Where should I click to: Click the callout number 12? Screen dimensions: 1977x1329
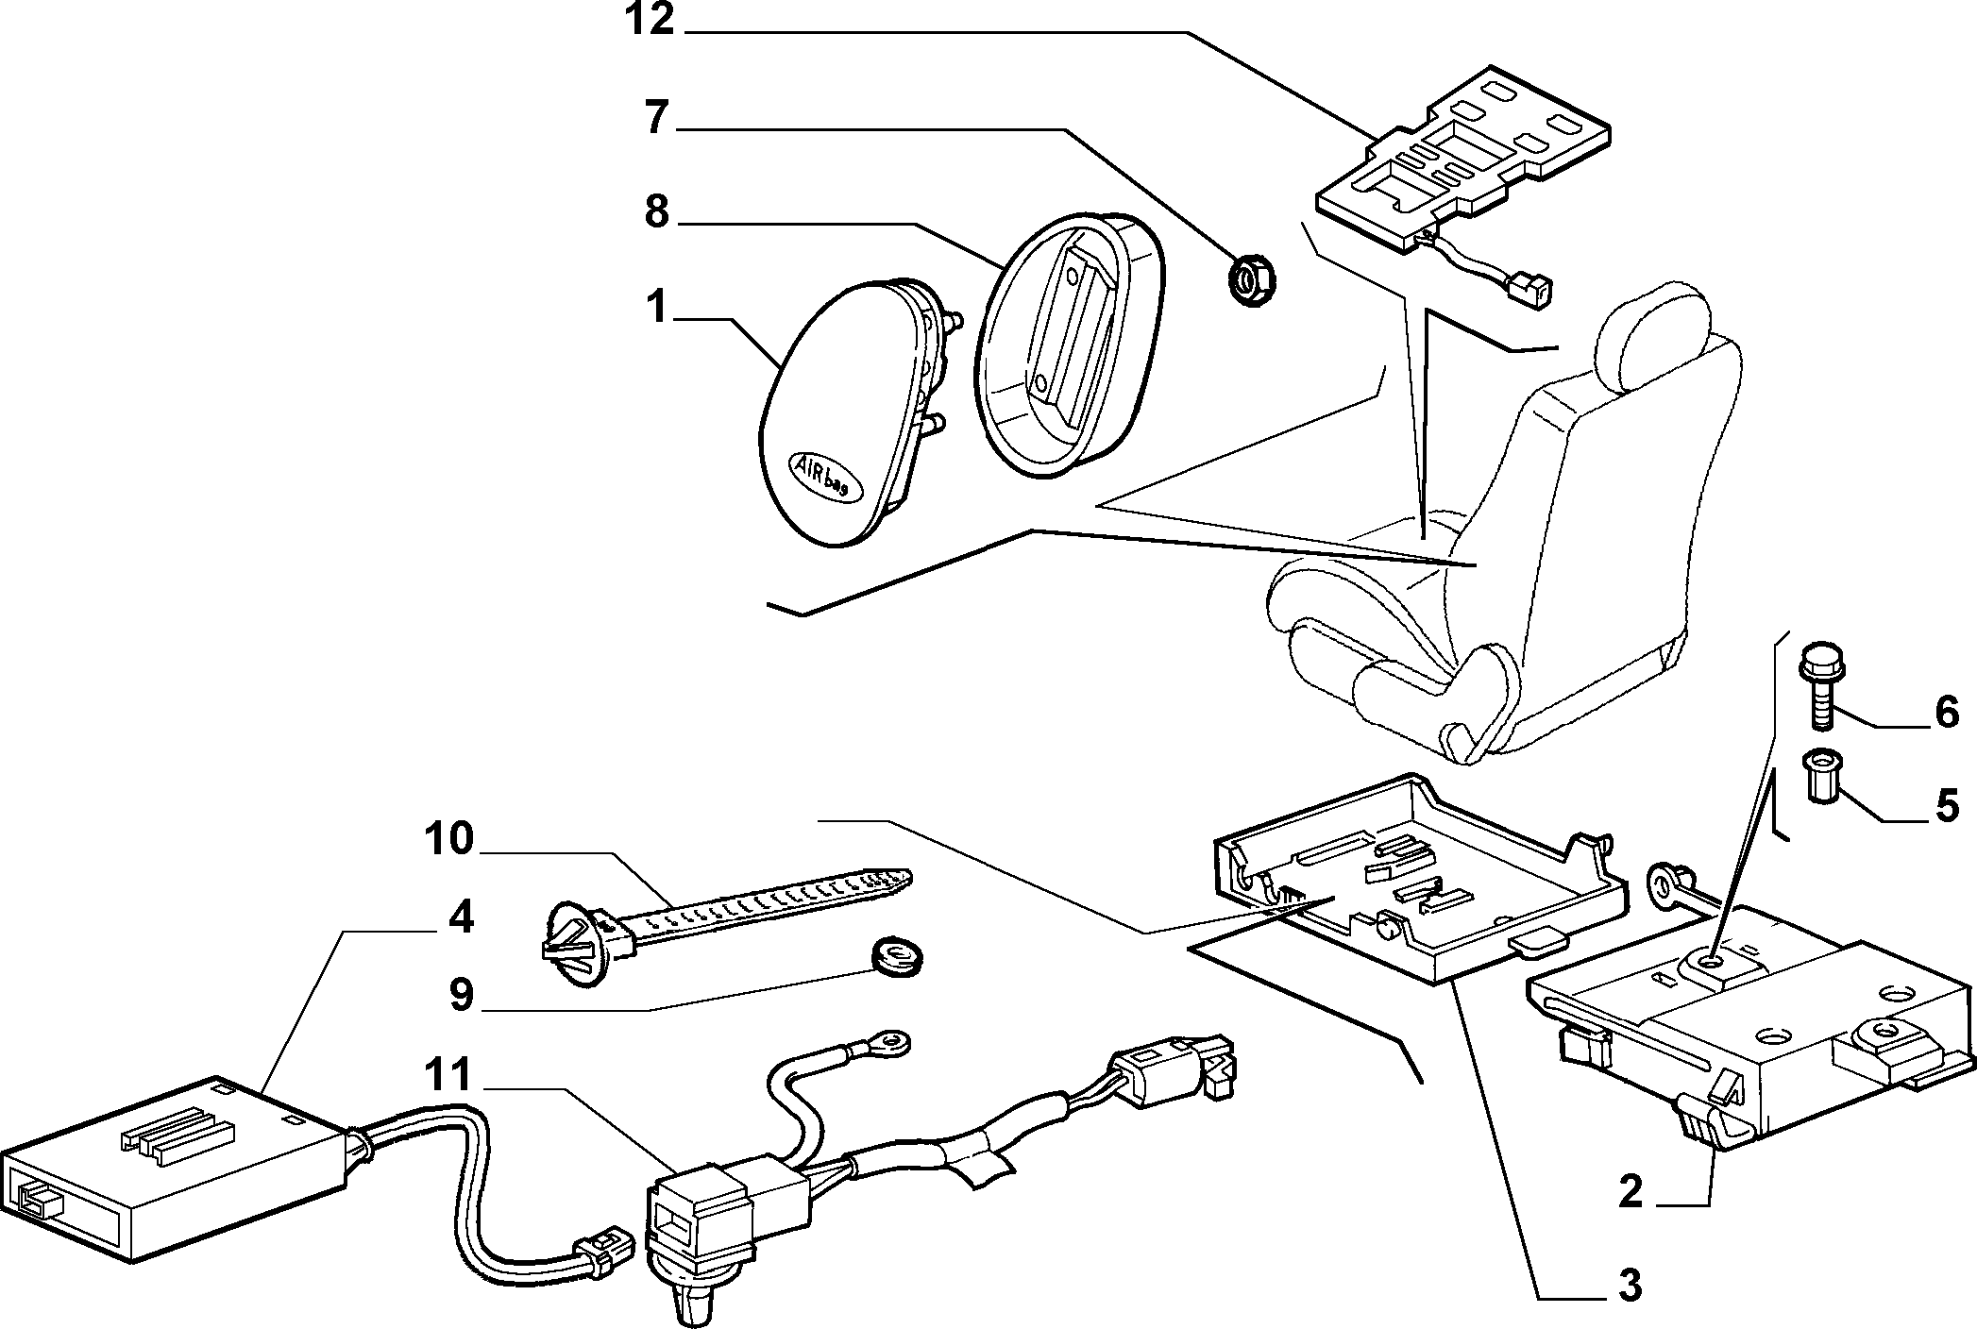point(650,19)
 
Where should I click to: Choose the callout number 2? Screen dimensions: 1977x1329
point(1631,1192)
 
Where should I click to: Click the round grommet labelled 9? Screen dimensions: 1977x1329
point(895,955)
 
